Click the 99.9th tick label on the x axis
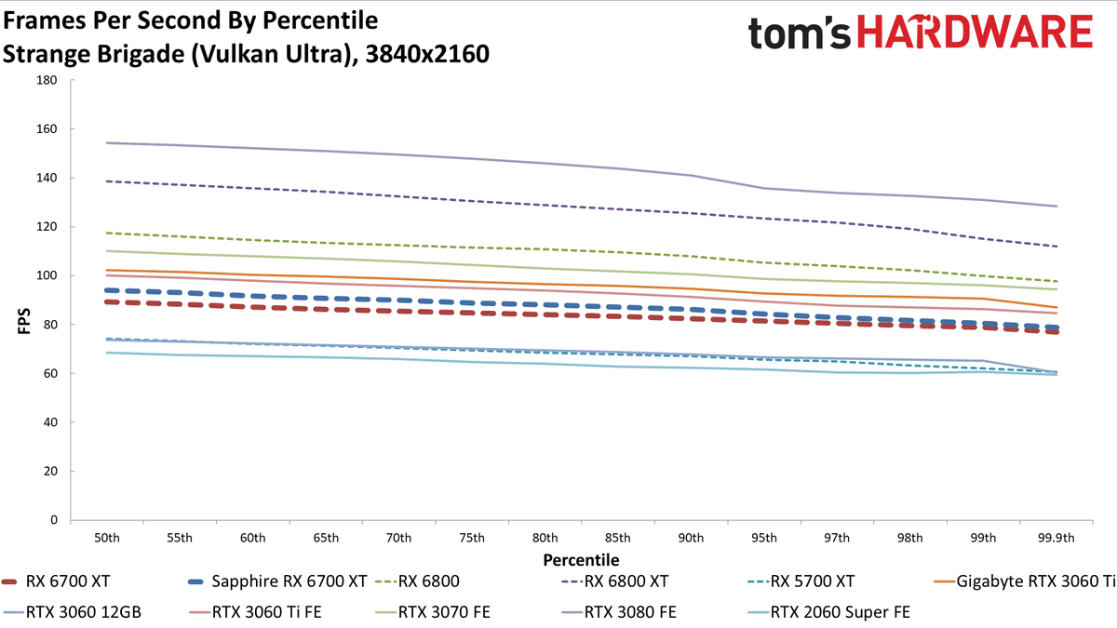(x=1056, y=538)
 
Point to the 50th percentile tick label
(x=107, y=538)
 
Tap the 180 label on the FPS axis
(x=47, y=80)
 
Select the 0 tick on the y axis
(x=54, y=520)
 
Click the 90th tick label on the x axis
(x=691, y=538)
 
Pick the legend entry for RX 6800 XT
(x=614, y=581)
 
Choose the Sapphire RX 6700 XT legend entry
(x=277, y=581)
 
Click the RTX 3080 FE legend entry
(x=618, y=612)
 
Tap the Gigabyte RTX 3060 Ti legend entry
(x=1025, y=581)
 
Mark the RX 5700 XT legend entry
(x=801, y=581)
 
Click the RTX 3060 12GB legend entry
(x=72, y=612)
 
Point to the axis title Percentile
(x=581, y=560)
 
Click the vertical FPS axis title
(x=24, y=321)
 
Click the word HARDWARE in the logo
(x=975, y=32)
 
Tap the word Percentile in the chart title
(x=320, y=20)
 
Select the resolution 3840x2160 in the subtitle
(x=427, y=54)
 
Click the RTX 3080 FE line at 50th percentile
(x=107, y=143)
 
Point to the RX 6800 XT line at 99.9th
(x=1056, y=247)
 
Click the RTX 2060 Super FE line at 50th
(x=107, y=353)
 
